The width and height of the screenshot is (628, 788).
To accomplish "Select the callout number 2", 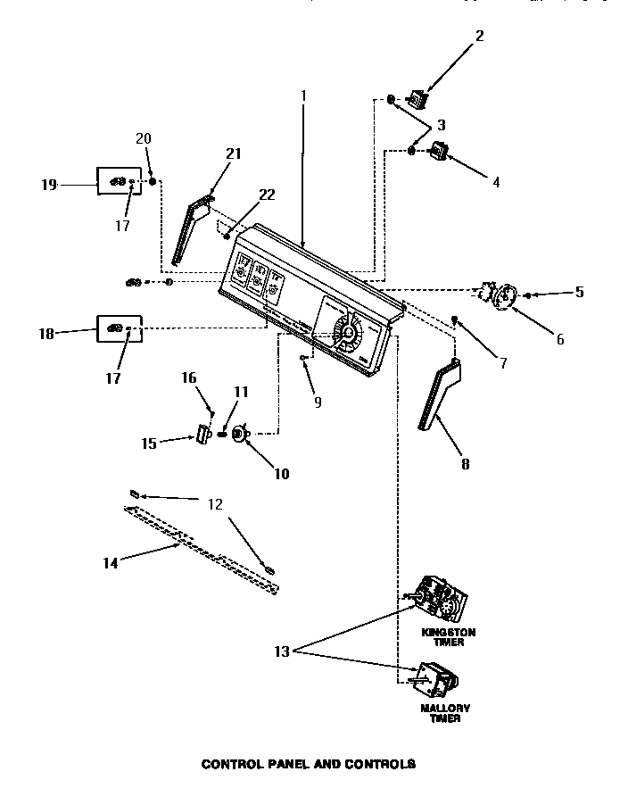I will pyautogui.click(x=480, y=37).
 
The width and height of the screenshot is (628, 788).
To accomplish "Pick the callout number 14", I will pyautogui.click(x=111, y=564).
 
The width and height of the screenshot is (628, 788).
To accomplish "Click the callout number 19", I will pyautogui.click(x=48, y=185).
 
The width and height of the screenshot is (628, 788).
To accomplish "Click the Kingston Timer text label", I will pyautogui.click(x=449, y=636).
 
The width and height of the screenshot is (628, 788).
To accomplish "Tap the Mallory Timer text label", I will pyautogui.click(x=445, y=714).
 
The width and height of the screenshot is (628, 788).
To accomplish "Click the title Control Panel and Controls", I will pyautogui.click(x=308, y=764).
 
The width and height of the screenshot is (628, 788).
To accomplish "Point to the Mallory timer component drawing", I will pyautogui.click(x=433, y=680).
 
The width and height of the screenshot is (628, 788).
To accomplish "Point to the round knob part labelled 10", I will pyautogui.click(x=238, y=435).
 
